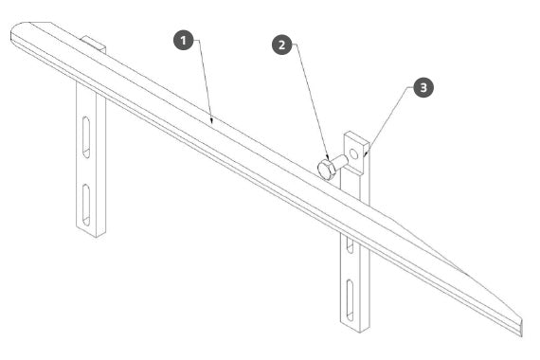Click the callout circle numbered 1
tap(183, 41)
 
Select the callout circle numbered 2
tap(282, 45)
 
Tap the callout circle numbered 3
tap(423, 87)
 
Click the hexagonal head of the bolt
tap(325, 170)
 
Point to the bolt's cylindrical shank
tap(341, 162)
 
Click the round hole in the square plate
tap(353, 153)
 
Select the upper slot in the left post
tap(86, 137)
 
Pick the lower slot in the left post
tap(86, 206)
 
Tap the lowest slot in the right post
tap(350, 300)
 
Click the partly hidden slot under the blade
tap(350, 245)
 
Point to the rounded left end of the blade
tap(13, 35)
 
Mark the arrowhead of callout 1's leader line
tap(212, 120)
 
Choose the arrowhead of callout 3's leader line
tap(367, 154)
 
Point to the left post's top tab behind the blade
tap(94, 43)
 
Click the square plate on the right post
tap(357, 153)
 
